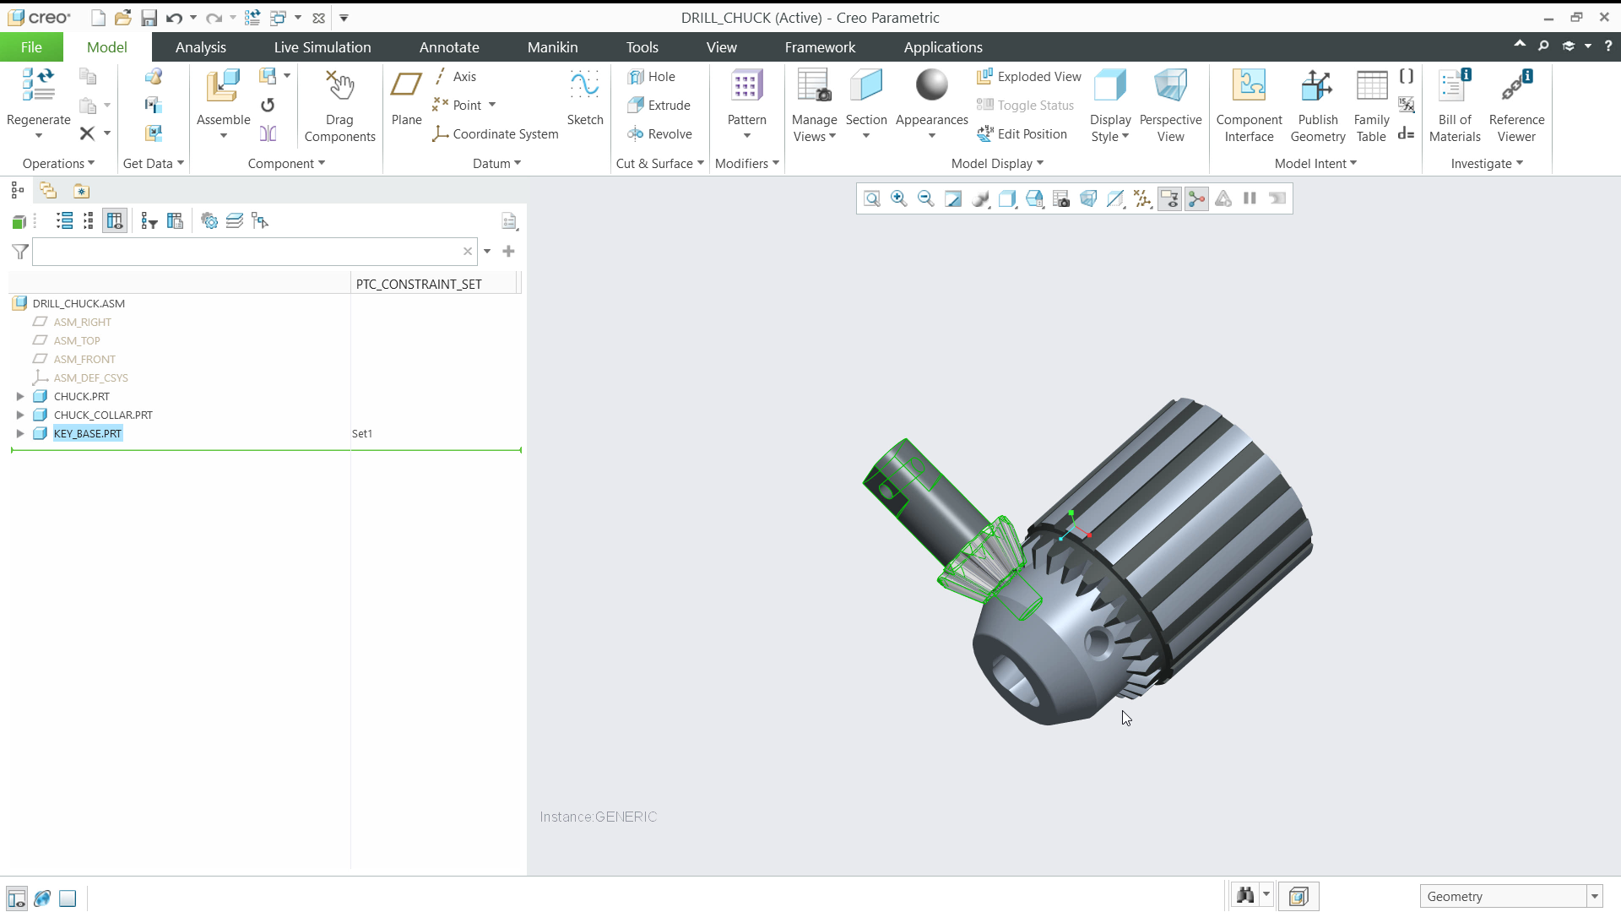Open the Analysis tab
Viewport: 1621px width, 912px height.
click(200, 47)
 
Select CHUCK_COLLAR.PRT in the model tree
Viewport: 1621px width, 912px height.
click(103, 415)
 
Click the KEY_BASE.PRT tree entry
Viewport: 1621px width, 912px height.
click(88, 433)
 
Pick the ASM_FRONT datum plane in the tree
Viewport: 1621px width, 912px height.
click(84, 359)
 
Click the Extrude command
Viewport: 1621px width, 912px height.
click(660, 105)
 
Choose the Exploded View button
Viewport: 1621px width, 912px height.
click(1029, 76)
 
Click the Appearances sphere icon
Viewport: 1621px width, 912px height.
click(931, 86)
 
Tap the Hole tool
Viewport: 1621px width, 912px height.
click(652, 76)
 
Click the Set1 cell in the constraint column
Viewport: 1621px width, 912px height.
click(362, 433)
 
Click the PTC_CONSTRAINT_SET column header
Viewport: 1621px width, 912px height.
click(419, 284)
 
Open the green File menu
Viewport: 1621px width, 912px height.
click(31, 47)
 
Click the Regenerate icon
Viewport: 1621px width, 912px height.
click(38, 88)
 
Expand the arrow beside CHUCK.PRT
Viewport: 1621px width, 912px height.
click(20, 396)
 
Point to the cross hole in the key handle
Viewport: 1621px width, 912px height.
click(886, 490)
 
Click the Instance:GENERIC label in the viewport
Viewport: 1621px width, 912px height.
click(598, 817)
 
